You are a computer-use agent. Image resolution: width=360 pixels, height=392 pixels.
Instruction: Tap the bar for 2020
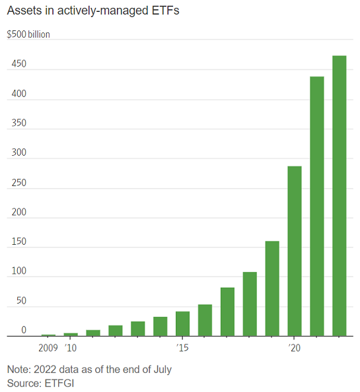[x=294, y=251]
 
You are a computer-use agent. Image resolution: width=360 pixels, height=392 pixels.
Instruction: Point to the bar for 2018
[x=250, y=304]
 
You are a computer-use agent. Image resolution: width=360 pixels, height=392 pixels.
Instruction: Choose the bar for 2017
[x=227, y=311]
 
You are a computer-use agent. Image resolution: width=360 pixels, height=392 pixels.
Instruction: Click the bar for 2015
[x=182, y=323]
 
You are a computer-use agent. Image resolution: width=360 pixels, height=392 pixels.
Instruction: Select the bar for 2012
[x=116, y=331]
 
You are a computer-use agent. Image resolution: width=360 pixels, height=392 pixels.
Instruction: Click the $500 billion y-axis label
[x=28, y=34]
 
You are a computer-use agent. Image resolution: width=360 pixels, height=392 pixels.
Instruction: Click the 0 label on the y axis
[x=23, y=330]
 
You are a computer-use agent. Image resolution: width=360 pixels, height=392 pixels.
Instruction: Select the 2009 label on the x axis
[x=48, y=347]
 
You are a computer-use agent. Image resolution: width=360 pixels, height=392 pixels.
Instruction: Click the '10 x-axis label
[x=70, y=347]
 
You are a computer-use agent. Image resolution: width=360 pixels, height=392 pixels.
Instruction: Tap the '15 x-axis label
[x=182, y=347]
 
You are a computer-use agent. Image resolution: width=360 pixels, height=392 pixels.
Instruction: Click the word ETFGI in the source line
[x=57, y=383]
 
